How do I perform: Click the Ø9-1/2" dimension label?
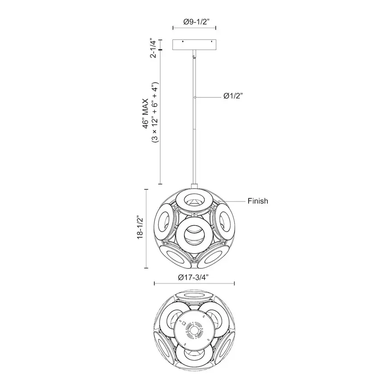click(195, 22)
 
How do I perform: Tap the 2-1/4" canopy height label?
click(153, 48)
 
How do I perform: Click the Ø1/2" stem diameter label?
click(233, 96)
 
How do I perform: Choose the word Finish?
click(258, 201)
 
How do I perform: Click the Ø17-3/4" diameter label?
click(193, 277)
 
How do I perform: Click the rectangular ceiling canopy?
click(194, 45)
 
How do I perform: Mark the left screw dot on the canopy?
click(183, 41)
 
